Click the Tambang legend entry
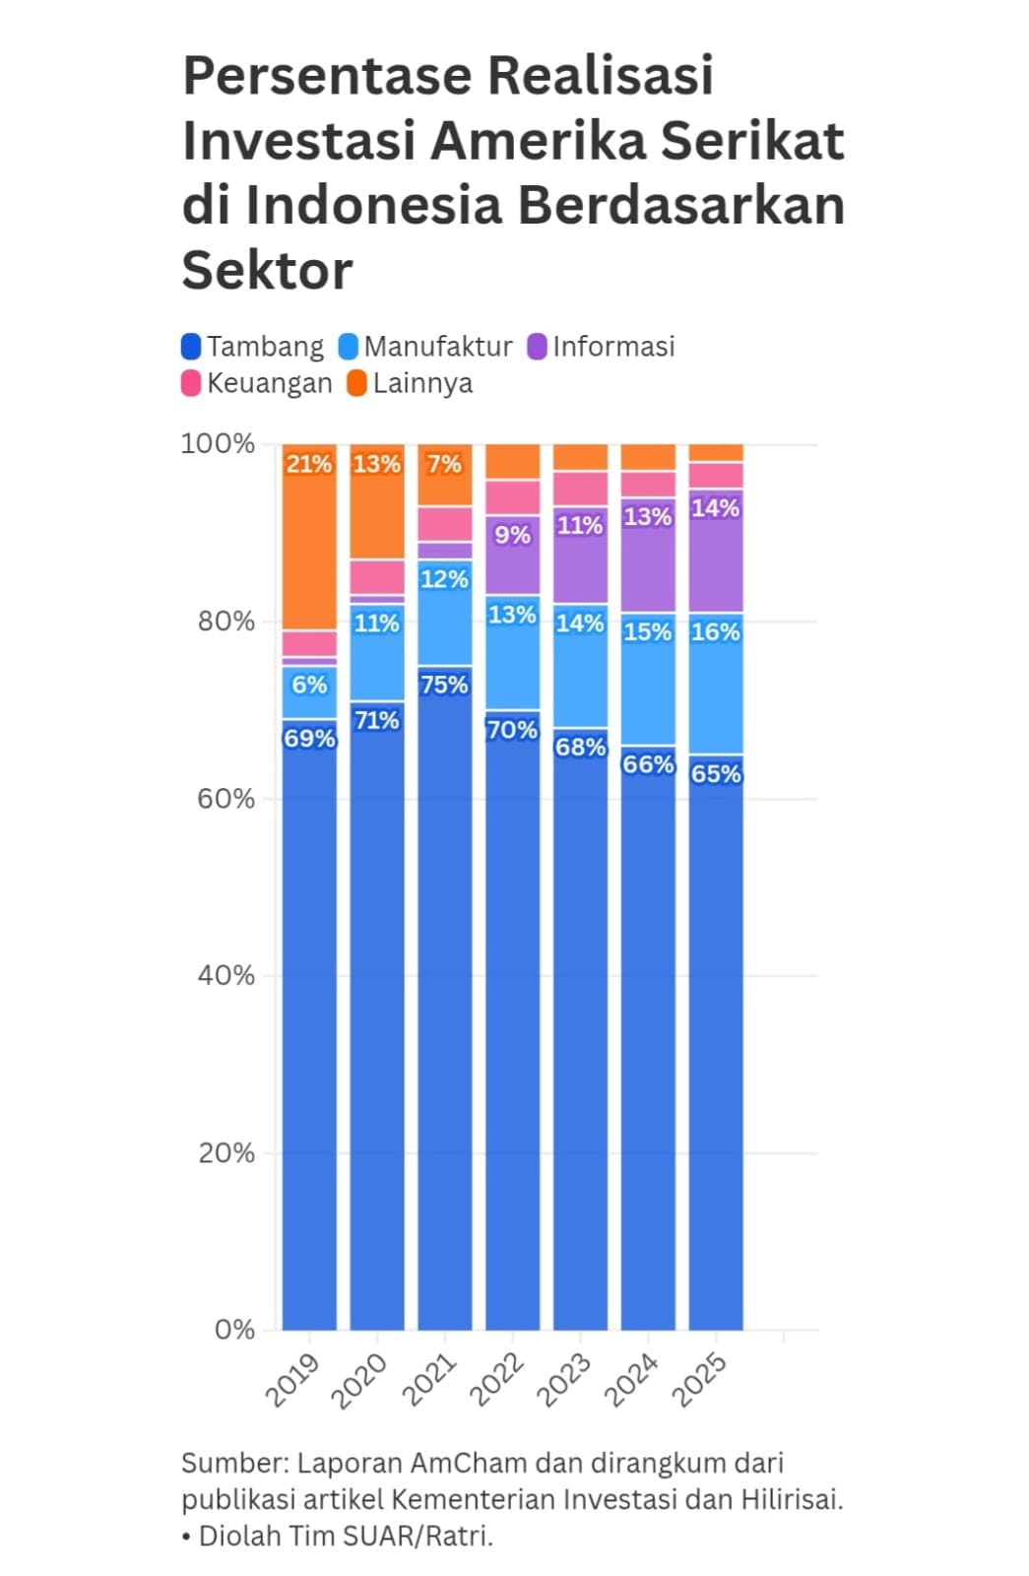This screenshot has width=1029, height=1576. [253, 347]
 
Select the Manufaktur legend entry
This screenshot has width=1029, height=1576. [425, 347]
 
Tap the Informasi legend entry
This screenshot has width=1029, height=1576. [602, 347]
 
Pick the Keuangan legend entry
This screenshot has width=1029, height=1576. [257, 383]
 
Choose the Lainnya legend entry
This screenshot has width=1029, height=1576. [411, 383]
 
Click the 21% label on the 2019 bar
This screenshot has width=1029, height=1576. [309, 464]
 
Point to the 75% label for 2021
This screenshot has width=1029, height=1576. [444, 685]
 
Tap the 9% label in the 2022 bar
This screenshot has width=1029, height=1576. [512, 535]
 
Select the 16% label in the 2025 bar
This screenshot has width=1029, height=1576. [715, 631]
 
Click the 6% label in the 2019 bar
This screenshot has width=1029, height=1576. [309, 685]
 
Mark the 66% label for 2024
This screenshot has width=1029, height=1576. [648, 764]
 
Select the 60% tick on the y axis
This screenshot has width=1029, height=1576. [225, 799]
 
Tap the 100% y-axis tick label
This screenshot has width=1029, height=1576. [218, 443]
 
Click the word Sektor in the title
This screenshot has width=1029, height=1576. [267, 270]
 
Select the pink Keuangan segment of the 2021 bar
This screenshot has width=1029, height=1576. [444, 524]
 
